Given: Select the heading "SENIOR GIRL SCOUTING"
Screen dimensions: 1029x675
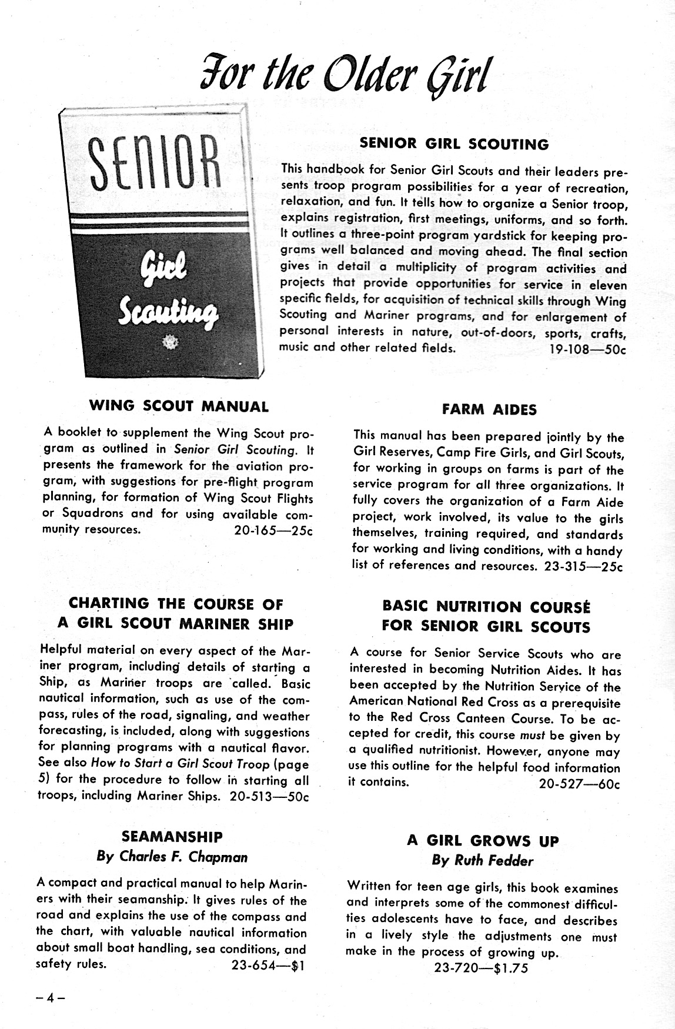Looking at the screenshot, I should pyautogui.click(x=454, y=144).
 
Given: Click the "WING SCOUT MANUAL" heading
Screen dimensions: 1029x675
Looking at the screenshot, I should pyautogui.click(x=179, y=406).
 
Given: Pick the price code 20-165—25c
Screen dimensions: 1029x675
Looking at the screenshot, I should pyautogui.click(x=273, y=529).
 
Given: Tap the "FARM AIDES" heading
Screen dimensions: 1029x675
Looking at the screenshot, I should pyautogui.click(x=489, y=410).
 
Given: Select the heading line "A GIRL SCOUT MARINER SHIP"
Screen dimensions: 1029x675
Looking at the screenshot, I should pyautogui.click(x=175, y=624).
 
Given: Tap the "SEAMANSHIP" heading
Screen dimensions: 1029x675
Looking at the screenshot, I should pyautogui.click(x=172, y=837).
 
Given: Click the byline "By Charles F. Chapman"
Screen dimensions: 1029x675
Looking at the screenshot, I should pyautogui.click(x=172, y=857).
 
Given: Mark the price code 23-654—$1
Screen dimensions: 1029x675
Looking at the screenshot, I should pyautogui.click(x=268, y=965).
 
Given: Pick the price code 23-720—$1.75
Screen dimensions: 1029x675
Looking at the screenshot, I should pyautogui.click(x=481, y=968).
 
